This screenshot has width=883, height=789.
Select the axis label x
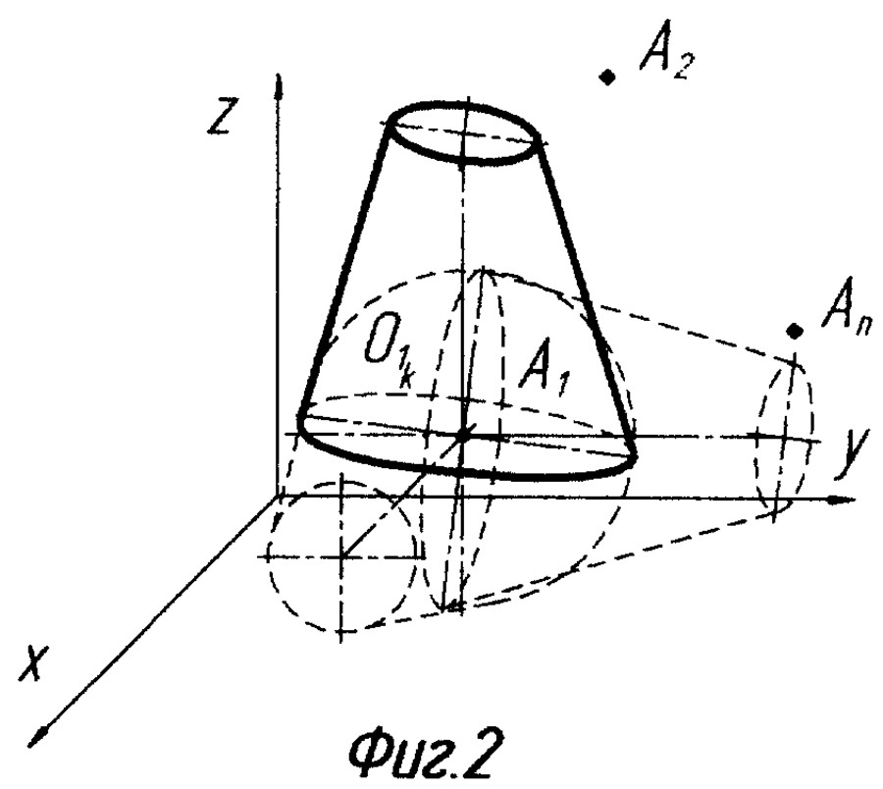click(x=32, y=668)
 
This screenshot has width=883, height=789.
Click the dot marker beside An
click(x=795, y=332)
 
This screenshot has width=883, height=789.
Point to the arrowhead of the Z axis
click(x=280, y=86)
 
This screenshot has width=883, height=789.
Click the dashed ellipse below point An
click(x=786, y=436)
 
